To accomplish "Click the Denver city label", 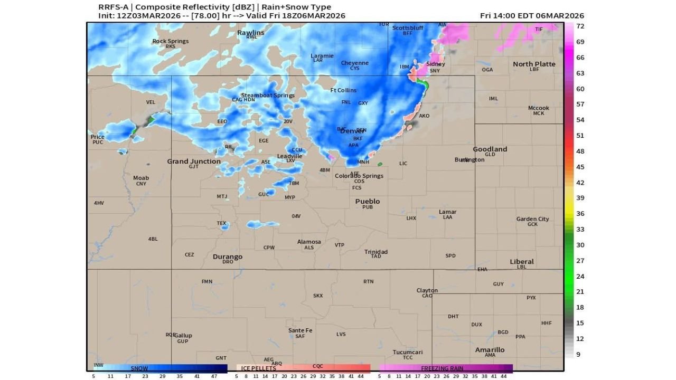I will (x=352, y=131).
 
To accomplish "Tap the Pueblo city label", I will (x=367, y=201).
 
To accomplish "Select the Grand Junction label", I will (x=194, y=161).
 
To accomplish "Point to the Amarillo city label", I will (x=490, y=349).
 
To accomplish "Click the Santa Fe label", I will (x=300, y=330).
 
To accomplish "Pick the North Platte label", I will (x=534, y=64).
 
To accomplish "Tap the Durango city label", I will (x=227, y=256).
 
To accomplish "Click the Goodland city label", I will (x=490, y=149).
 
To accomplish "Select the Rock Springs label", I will (x=170, y=41).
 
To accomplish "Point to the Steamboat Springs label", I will (x=268, y=95).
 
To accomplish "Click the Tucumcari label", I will (x=407, y=352).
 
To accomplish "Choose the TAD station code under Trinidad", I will (x=375, y=256).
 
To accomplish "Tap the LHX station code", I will (x=411, y=218).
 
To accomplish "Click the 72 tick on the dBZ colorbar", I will (x=579, y=26).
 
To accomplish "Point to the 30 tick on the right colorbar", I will (x=579, y=245).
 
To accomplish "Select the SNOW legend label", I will (x=139, y=368).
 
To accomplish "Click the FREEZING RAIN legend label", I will (x=442, y=368).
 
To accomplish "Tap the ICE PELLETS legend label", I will (x=258, y=368).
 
